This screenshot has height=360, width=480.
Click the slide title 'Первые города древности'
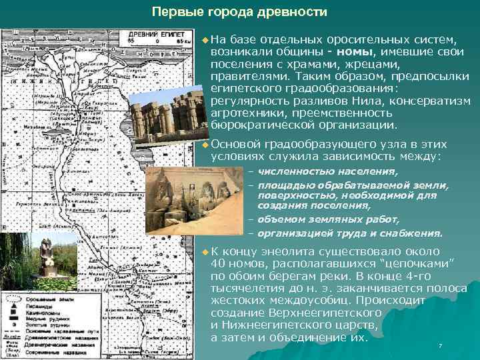[x=240, y=12]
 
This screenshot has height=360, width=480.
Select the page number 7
[x=441, y=345]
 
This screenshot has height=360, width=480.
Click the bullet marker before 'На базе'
[x=204, y=40]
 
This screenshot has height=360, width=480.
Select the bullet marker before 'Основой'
[x=204, y=144]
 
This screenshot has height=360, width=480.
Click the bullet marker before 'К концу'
[x=204, y=252]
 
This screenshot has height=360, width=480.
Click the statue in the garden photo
[x=47, y=256]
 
